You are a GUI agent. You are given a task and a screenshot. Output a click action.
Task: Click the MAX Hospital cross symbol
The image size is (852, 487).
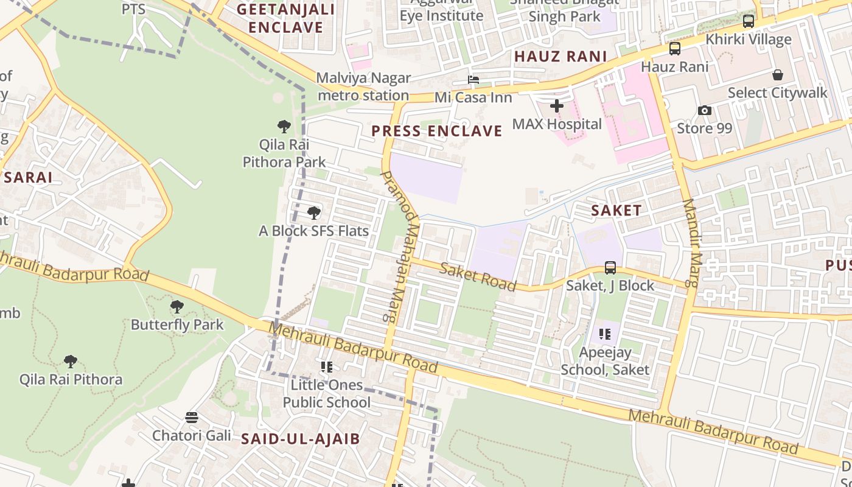coord(556,106)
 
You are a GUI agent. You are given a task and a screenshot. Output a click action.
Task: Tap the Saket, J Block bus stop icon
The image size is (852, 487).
coord(610,267)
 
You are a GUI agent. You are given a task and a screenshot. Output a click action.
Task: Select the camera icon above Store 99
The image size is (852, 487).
coord(705,110)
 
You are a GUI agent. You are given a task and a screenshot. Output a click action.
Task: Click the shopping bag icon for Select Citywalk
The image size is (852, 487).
coord(777,75)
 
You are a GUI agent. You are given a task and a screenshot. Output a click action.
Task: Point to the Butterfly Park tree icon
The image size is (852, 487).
coord(177,306)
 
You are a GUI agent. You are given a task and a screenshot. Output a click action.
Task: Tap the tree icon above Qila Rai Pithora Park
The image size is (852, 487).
coord(284,127)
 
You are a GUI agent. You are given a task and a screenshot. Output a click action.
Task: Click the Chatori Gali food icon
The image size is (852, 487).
coord(192,418)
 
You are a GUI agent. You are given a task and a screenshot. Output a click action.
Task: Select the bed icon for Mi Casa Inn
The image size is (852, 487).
coord(473,80)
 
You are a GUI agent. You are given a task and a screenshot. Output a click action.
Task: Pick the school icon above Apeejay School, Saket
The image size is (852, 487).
coord(604,334)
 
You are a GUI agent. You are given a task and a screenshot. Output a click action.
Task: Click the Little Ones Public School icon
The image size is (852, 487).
coord(327,367)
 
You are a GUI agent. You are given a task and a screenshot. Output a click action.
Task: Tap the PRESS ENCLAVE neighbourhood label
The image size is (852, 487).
coord(437,131)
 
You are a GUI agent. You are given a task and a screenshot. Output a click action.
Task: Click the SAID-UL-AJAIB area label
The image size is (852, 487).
coord(301,439)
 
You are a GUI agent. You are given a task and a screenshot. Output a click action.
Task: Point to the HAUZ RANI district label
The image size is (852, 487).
coord(560,57)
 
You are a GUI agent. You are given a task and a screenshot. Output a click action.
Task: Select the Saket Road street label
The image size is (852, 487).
coord(478,277)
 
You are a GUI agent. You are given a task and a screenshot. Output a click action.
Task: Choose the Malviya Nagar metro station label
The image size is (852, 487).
coord(363,86)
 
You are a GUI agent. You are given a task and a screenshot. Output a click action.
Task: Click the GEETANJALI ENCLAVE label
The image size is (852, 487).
coord(285,18)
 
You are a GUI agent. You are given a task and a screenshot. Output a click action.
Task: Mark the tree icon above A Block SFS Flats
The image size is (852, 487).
coord(314,213)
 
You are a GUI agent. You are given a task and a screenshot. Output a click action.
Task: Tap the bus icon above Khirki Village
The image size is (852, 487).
coord(749,21)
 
